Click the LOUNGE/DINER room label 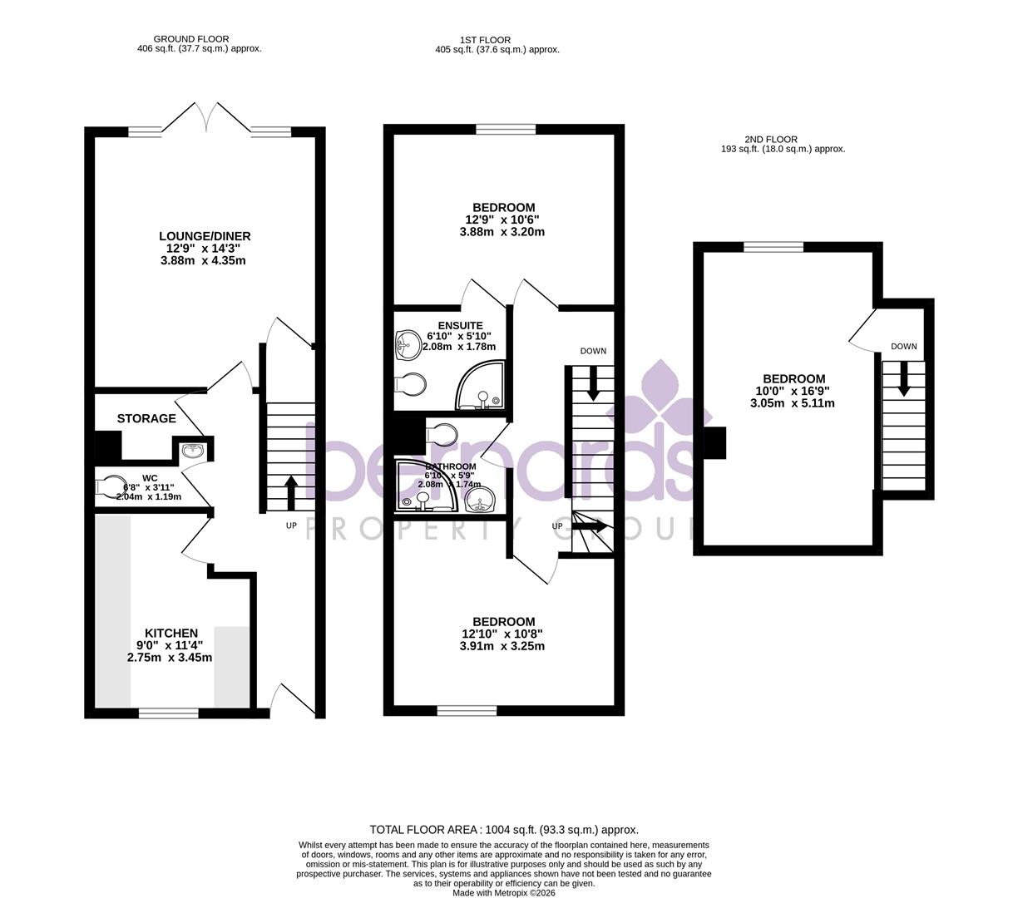tap(205, 236)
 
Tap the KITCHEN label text tap(171, 634)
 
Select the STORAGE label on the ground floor tap(146, 418)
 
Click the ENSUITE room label tap(460, 326)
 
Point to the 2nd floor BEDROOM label tap(793, 379)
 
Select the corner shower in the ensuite tap(482, 386)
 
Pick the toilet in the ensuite tap(411, 385)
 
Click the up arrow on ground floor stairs tap(291, 492)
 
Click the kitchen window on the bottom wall tap(169, 713)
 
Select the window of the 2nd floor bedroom tap(773, 246)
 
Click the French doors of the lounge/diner tap(205, 118)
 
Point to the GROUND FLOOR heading tap(191, 39)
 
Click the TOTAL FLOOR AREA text tap(504, 830)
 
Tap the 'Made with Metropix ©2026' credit tap(504, 893)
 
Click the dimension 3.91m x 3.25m tap(502, 646)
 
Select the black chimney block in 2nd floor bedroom tap(714, 442)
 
